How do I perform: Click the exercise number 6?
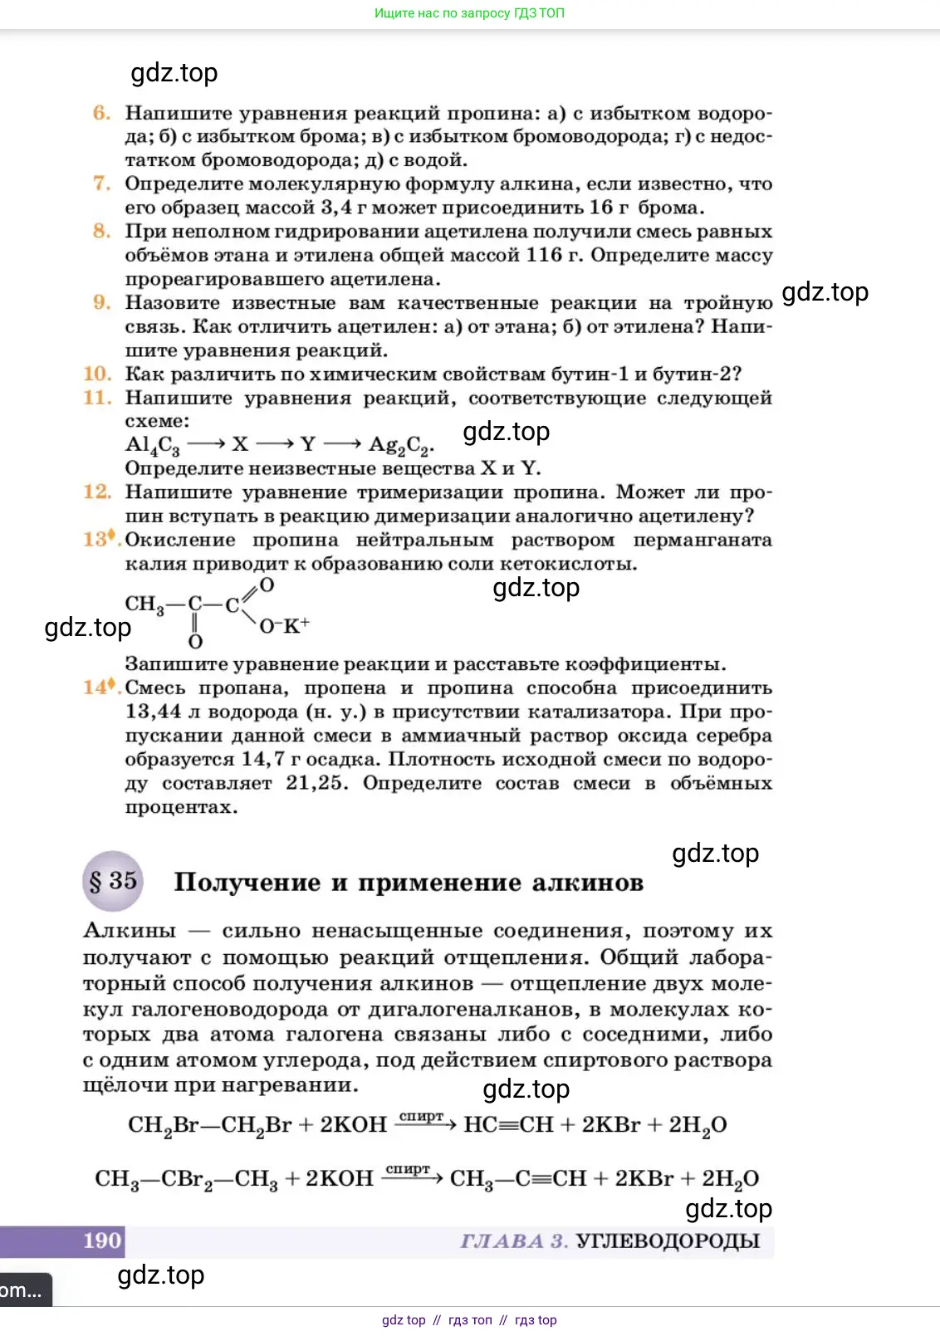[x=101, y=113]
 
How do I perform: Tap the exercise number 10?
[x=97, y=374]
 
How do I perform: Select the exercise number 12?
[x=97, y=492]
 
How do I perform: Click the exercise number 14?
[x=97, y=688]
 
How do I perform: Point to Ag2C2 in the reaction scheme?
[x=399, y=446]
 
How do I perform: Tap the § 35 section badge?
[x=113, y=881]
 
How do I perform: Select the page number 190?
[x=103, y=1241]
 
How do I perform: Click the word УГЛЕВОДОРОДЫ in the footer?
[x=668, y=1241]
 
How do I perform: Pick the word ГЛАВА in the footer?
[x=502, y=1241]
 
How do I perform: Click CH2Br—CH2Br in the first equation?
[x=209, y=1125]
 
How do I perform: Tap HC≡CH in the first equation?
[x=508, y=1125]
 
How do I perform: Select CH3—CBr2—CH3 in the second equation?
[x=186, y=1179]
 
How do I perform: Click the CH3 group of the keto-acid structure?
[x=144, y=604]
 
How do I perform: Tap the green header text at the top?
[x=469, y=13]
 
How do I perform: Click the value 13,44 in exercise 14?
[x=153, y=712]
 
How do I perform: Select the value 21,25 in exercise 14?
[x=316, y=783]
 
